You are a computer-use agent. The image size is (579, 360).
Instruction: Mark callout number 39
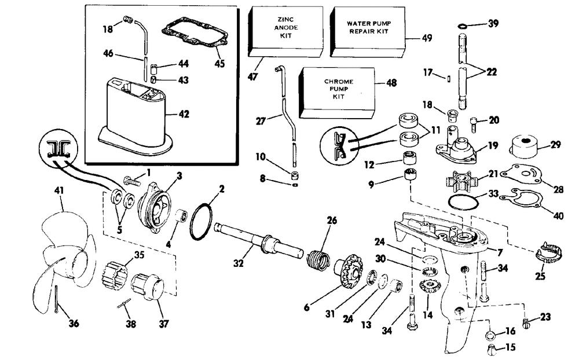[493, 24]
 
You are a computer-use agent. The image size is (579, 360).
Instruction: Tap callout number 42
[183, 113]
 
